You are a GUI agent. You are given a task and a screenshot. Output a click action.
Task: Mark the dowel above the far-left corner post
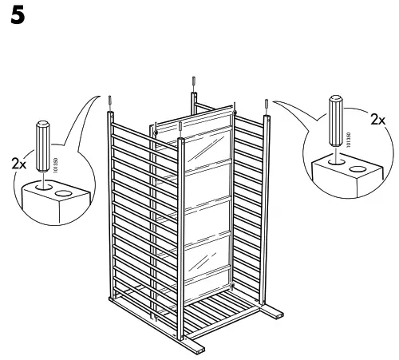click(109, 102)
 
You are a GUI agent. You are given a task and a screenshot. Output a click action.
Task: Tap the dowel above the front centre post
click(184, 129)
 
